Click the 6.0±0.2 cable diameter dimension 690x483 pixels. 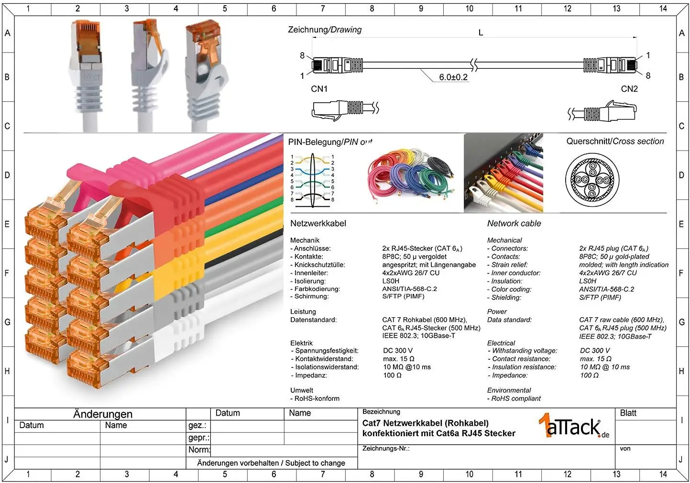(453, 77)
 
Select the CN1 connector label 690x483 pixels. (319, 89)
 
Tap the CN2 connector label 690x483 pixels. (629, 89)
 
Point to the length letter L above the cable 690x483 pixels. (481, 32)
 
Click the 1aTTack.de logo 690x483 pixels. (574, 426)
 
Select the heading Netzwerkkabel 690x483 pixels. (318, 224)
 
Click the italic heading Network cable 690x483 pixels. (514, 224)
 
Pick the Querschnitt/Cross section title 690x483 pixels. (615, 141)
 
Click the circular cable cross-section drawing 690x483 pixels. (592, 180)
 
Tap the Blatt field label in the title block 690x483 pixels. (628, 413)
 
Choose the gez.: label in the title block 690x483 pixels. (197, 426)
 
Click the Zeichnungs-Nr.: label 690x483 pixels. (386, 449)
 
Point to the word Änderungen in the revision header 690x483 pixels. (103, 414)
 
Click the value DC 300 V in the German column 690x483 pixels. (398, 351)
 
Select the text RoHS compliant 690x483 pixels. (515, 398)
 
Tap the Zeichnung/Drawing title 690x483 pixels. (325, 30)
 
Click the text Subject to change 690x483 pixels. (315, 463)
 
